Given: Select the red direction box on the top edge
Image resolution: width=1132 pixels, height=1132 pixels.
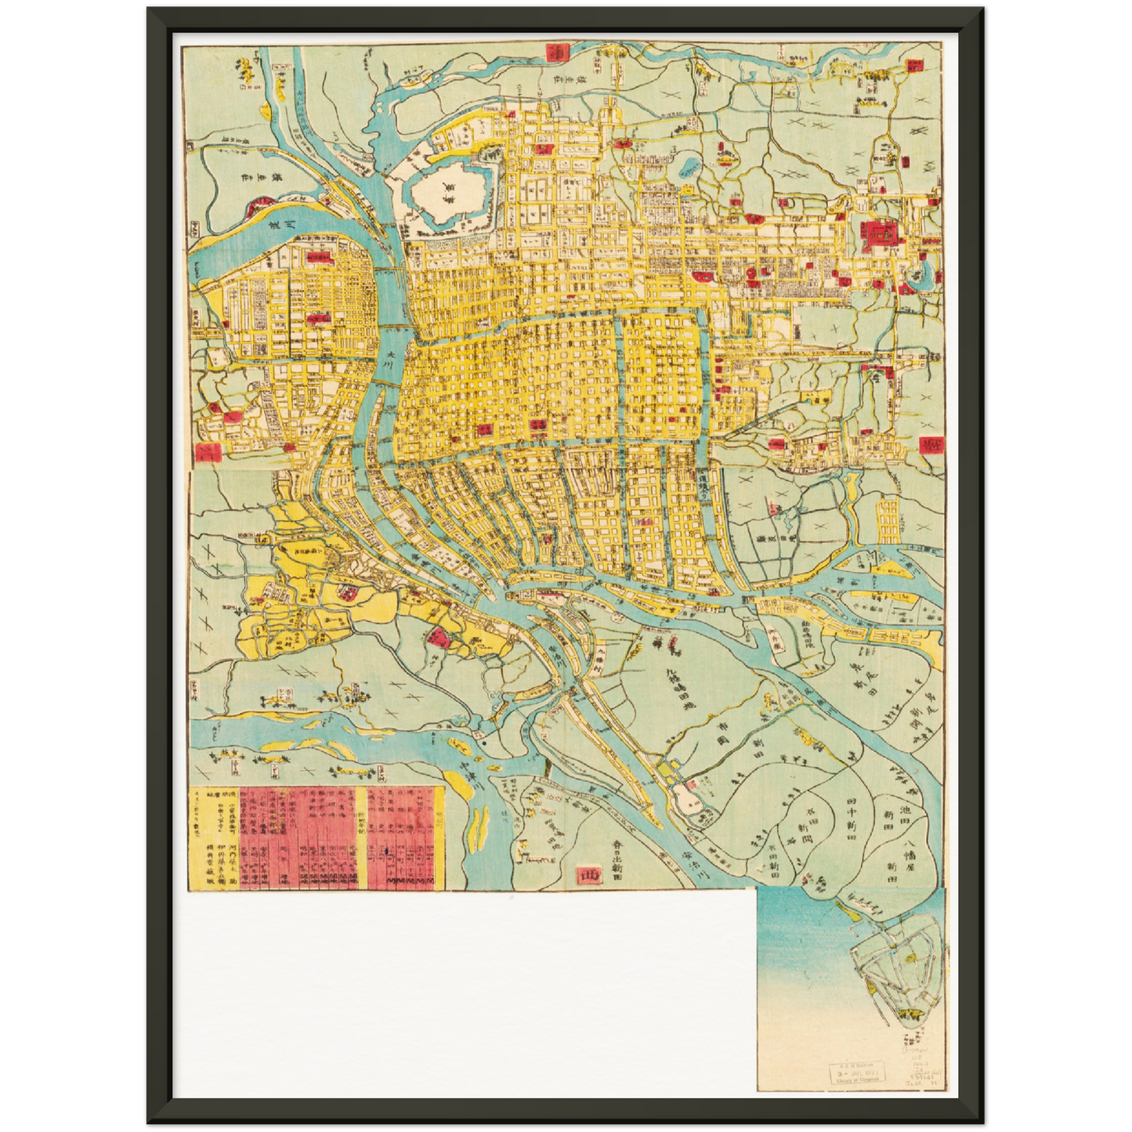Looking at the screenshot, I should [x=556, y=52].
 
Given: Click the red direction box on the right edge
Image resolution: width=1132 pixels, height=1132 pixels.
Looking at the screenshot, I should [x=931, y=445].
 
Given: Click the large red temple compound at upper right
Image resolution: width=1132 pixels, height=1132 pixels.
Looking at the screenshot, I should [x=878, y=233].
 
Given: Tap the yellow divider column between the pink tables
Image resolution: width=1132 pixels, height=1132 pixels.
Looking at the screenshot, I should [x=361, y=838].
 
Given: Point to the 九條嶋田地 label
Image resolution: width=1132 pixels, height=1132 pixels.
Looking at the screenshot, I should [x=675, y=688].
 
